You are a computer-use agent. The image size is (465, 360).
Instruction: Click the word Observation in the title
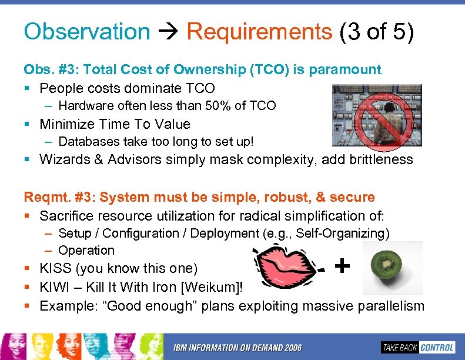[86, 32]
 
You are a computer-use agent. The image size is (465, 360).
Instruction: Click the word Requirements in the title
[259, 32]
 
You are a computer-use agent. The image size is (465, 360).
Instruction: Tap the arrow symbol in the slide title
[168, 32]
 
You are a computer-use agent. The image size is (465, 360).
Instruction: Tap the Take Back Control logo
[418, 347]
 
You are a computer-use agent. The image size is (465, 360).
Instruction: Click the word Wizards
[63, 159]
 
